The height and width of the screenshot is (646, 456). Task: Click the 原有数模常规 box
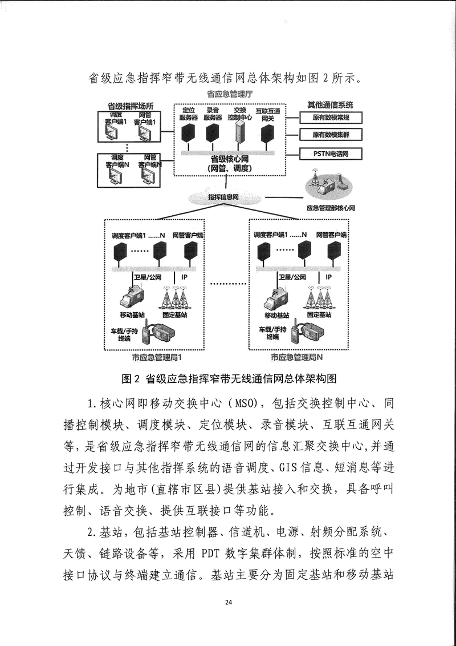click(331, 118)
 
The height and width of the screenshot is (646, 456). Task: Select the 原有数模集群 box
click(331, 134)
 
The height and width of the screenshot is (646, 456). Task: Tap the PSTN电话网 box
click(331, 154)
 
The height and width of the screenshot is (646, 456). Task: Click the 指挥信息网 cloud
click(224, 197)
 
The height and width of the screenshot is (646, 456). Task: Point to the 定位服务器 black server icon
click(188, 132)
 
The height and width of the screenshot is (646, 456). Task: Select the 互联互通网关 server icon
click(267, 134)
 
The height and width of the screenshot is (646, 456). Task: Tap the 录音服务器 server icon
click(213, 132)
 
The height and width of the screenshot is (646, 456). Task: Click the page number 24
click(229, 602)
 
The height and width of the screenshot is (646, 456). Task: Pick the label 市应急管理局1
click(157, 357)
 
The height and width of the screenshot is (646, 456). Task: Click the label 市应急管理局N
click(296, 357)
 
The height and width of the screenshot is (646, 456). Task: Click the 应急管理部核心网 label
click(331, 208)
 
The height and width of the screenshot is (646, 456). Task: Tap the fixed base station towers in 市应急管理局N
click(319, 297)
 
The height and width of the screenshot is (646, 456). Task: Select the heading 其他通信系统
click(330, 105)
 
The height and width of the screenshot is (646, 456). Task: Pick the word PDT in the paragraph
click(211, 553)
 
